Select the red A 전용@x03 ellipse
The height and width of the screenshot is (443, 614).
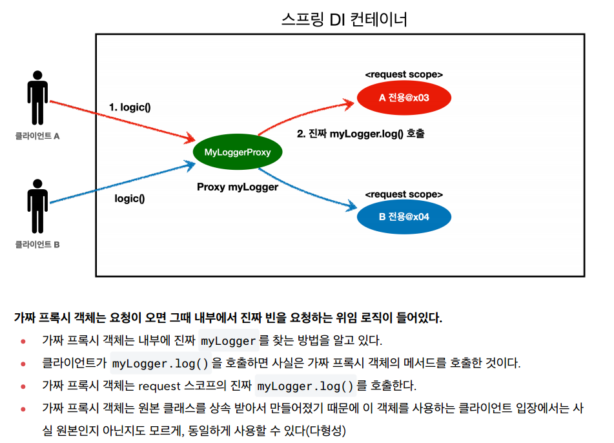pyautogui.click(x=404, y=98)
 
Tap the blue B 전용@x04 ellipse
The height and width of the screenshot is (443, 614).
pyautogui.click(x=404, y=216)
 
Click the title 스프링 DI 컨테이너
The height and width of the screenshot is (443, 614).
pyautogui.click(x=344, y=19)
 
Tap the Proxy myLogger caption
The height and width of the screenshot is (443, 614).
pyautogui.click(x=237, y=187)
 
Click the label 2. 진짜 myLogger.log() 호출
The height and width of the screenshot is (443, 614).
pyautogui.click(x=360, y=134)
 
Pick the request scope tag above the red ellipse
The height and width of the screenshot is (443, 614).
pyautogui.click(x=404, y=75)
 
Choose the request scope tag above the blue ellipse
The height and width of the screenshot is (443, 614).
pyautogui.click(x=404, y=194)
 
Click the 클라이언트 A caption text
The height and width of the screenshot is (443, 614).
pyautogui.click(x=37, y=137)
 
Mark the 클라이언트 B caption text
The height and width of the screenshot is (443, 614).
pyautogui.click(x=37, y=245)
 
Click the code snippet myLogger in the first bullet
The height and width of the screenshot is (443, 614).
pyautogui.click(x=229, y=340)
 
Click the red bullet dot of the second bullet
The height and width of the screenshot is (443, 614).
pyautogui.click(x=23, y=364)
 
